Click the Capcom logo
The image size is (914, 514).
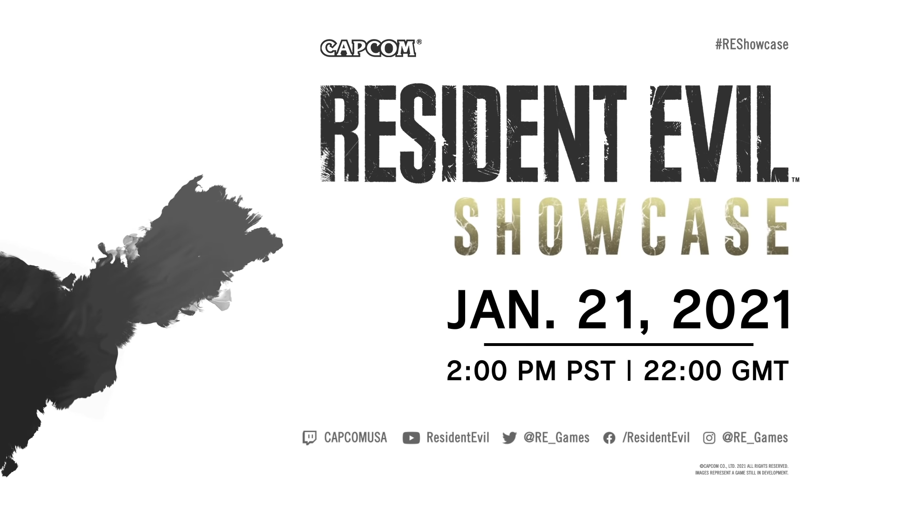371,48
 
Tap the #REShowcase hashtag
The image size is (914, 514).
752,44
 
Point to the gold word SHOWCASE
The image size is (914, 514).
621,227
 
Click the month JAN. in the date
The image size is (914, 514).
501,310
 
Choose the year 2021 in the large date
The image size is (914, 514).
732,310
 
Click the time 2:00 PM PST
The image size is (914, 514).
531,371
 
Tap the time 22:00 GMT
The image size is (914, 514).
716,371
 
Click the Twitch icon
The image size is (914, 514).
309,438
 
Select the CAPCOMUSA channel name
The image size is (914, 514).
356,437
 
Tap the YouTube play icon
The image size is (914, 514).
411,438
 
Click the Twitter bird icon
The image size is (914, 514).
509,438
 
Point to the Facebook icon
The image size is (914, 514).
609,438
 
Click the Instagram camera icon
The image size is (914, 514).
709,438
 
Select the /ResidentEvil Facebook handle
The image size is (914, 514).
656,437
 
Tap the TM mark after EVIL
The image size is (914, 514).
795,180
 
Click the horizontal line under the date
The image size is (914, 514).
618,344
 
